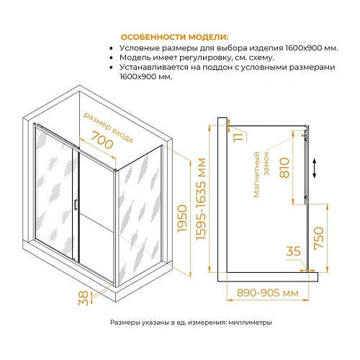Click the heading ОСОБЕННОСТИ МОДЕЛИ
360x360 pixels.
[x=175, y=37]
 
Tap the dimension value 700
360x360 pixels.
[x=103, y=143]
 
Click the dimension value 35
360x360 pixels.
[x=293, y=253]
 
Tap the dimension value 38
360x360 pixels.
[x=84, y=297]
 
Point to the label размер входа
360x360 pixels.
[x=109, y=126]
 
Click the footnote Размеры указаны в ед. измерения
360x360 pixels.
[x=191, y=323]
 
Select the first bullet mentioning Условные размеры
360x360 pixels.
[x=224, y=48]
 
